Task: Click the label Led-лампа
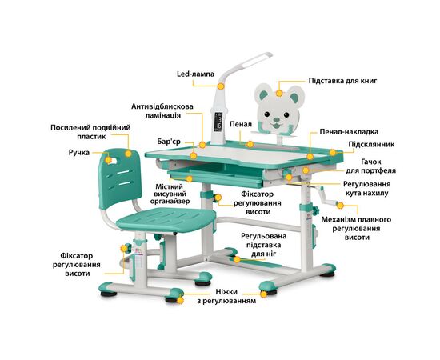pyautogui.click(x=195, y=74)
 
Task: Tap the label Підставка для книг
pyautogui.click(x=342, y=81)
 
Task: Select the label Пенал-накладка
pyautogui.click(x=349, y=131)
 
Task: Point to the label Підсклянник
pyautogui.click(x=371, y=144)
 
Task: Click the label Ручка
pyautogui.click(x=79, y=153)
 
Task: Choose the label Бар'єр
pyautogui.click(x=169, y=142)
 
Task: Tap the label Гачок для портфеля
pyautogui.click(x=371, y=166)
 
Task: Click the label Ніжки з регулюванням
pyautogui.click(x=226, y=296)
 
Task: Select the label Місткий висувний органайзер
pyautogui.click(x=170, y=194)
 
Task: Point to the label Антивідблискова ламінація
pyautogui.click(x=162, y=111)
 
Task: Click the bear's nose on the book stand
pyautogui.click(x=277, y=120)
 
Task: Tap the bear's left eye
pyautogui.click(x=266, y=114)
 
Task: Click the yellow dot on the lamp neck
pyautogui.click(x=221, y=86)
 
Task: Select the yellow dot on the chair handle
pyautogui.click(x=108, y=160)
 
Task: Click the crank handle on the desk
pyautogui.click(x=327, y=198)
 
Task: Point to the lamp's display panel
pyautogui.click(x=218, y=122)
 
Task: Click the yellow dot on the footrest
pyautogui.click(x=237, y=259)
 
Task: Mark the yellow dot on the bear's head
pyautogui.click(x=279, y=93)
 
